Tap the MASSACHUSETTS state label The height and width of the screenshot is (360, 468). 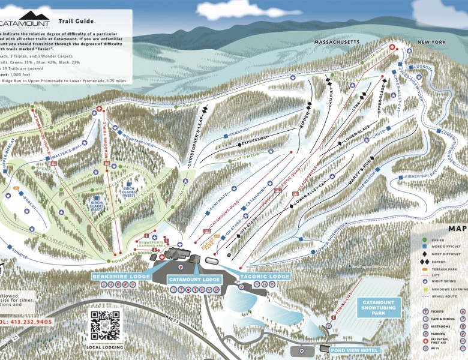click(337, 43)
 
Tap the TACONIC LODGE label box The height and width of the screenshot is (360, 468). click(264, 277)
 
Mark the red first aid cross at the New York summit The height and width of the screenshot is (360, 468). click(393, 47)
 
